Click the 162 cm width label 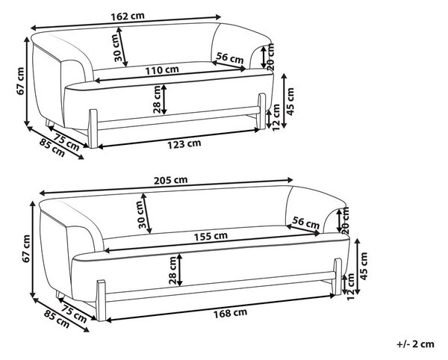pyautogui.click(x=128, y=16)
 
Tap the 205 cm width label pyautogui.click(x=170, y=180)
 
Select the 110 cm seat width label pyautogui.click(x=162, y=70)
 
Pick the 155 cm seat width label pyautogui.click(x=211, y=236)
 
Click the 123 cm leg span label pyautogui.click(x=184, y=143)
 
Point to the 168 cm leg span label pyautogui.click(x=230, y=313)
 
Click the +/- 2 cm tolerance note pyautogui.click(x=415, y=344)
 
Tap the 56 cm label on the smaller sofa pyautogui.click(x=230, y=58)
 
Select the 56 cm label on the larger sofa pyautogui.click(x=305, y=223)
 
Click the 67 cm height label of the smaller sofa pyautogui.click(x=20, y=81)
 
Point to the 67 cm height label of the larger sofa pyautogui.click(x=26, y=248)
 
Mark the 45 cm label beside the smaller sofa pyautogui.click(x=290, y=102)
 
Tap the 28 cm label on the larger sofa pyautogui.click(x=172, y=270)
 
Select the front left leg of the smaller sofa pyautogui.click(x=93, y=129)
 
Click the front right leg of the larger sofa pyautogui.click(x=337, y=276)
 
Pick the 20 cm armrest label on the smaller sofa pyautogui.click(x=271, y=57)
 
